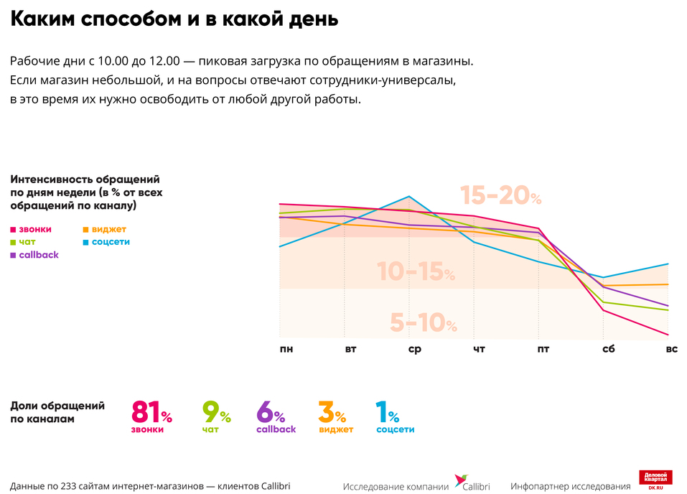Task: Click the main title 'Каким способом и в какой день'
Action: point(174,19)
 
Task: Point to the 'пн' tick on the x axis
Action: point(286,349)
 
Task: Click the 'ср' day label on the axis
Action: point(414,349)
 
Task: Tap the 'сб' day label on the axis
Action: point(607,349)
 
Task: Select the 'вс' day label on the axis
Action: point(671,349)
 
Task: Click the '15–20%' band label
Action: point(500,195)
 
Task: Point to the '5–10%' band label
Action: point(423,323)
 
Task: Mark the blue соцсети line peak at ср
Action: point(408,196)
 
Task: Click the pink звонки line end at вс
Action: point(668,335)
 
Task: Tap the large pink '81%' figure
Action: point(151,413)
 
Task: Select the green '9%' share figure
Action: point(215,413)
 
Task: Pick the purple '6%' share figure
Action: point(270,413)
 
